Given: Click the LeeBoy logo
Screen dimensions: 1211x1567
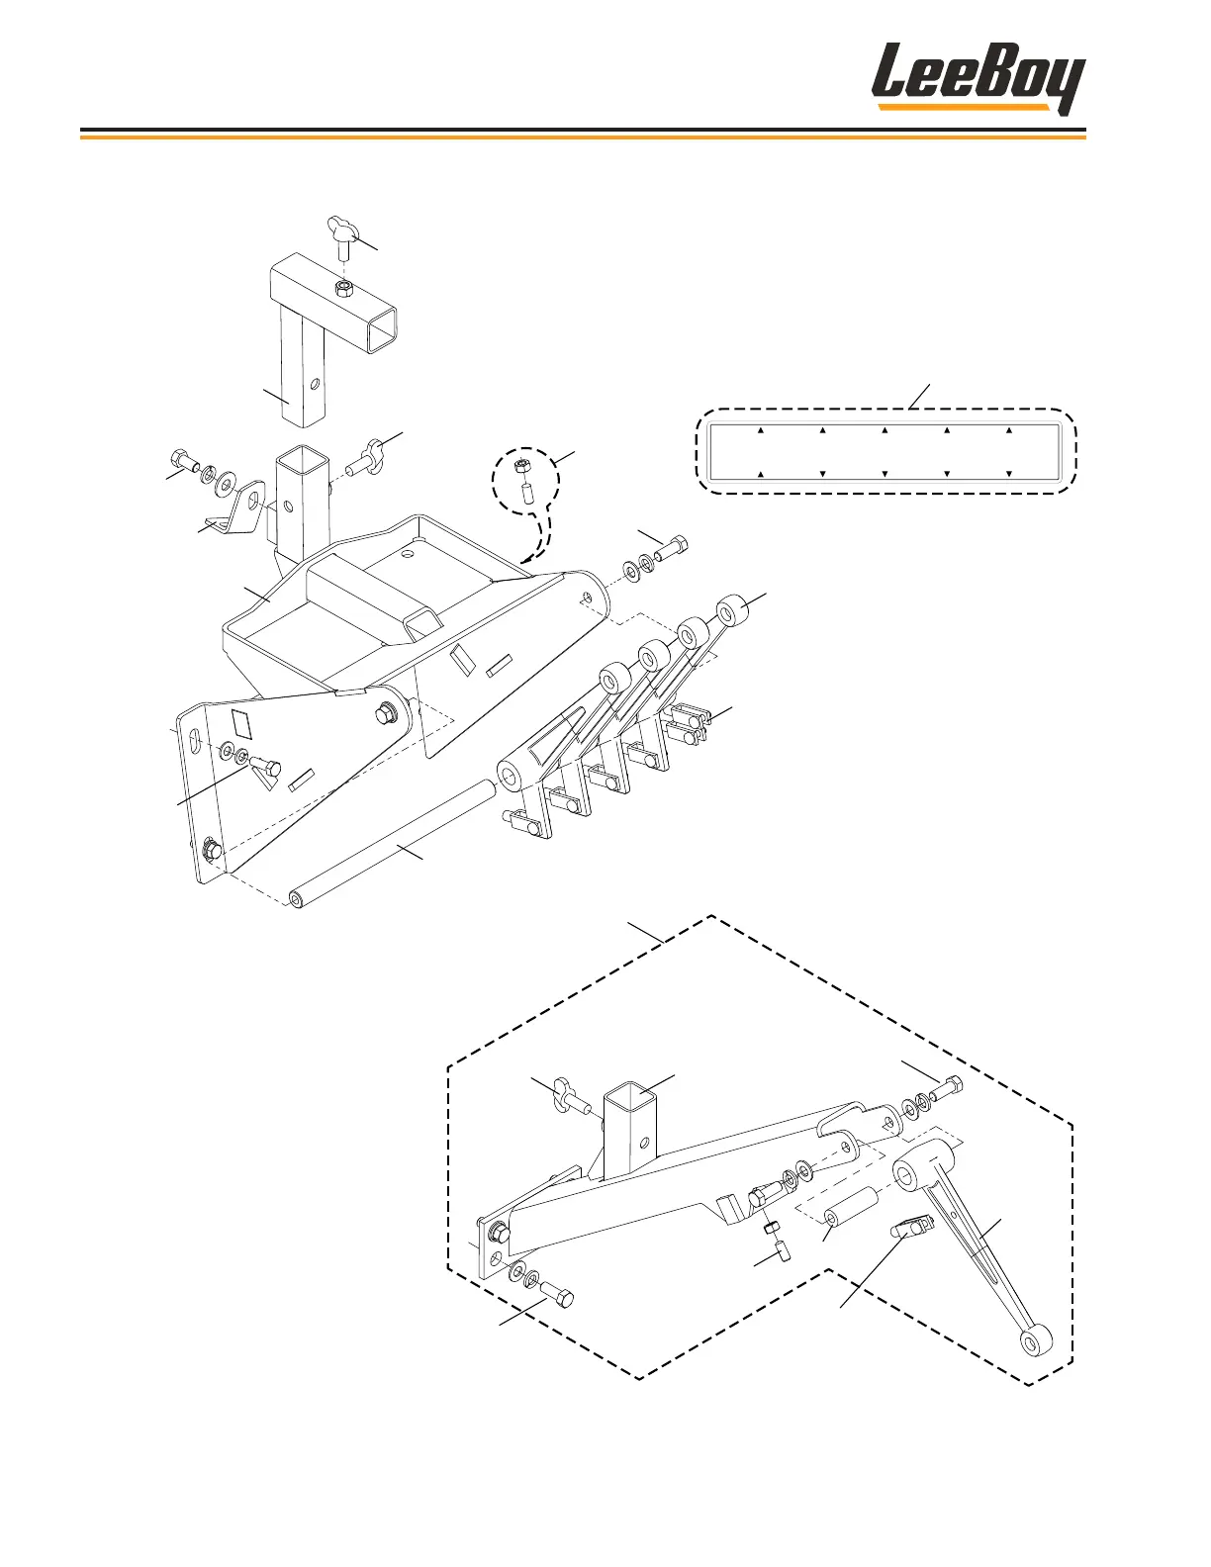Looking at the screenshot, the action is coord(977,78).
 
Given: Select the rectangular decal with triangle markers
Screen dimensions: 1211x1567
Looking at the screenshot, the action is coord(885,452).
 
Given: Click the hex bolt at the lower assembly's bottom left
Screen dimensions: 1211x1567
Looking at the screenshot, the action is coord(559,1296).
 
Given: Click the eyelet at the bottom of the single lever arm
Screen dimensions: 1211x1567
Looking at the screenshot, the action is coord(1037,1342).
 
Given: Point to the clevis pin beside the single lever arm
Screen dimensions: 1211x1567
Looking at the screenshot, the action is coord(912,1229).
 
